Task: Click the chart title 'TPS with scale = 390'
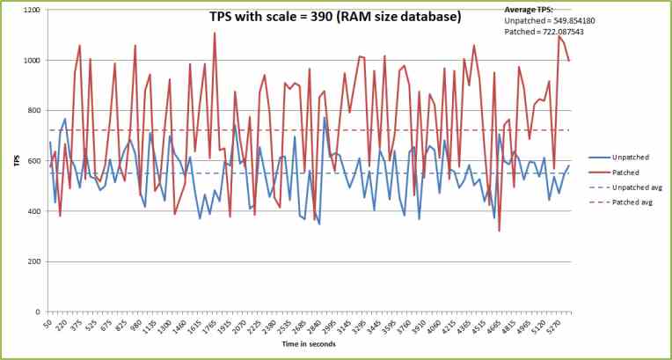point(321,16)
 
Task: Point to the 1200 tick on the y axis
point(31,11)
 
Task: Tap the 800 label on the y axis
point(33,111)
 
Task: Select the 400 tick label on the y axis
point(33,211)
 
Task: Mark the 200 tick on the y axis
point(33,261)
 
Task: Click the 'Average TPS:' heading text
point(529,10)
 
